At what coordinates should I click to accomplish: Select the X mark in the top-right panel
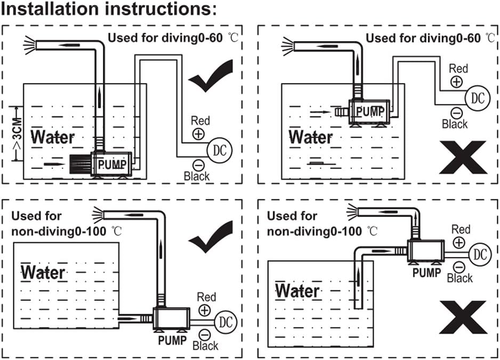coord(463,157)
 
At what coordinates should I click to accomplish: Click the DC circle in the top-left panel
coord(219,149)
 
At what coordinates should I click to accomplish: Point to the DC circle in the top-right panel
coord(478,98)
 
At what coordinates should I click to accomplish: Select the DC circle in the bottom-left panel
coord(225,322)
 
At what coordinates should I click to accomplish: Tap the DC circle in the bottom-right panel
coord(481,254)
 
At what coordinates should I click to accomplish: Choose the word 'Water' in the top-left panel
coord(53,137)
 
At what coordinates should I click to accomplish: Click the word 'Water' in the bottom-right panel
coord(297,291)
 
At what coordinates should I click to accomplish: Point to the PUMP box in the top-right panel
coord(369,112)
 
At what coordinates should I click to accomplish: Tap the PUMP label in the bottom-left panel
coord(172,340)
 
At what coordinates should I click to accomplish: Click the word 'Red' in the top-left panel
coord(200,121)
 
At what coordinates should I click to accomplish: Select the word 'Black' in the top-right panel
coord(455,124)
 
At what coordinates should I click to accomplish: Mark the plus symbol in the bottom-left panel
coord(204,309)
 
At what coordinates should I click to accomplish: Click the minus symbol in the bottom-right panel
coord(459,267)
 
